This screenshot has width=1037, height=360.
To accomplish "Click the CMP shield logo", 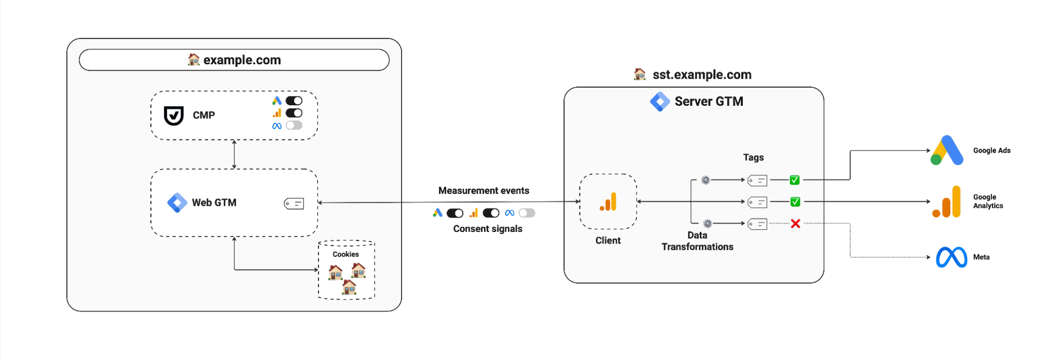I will tap(174, 116).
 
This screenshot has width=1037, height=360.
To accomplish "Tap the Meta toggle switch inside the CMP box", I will tap(294, 126).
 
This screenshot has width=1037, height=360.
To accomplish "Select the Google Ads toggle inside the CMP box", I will tap(294, 101).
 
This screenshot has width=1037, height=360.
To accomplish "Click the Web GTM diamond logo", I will tap(177, 203).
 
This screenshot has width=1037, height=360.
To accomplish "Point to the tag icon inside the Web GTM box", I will tap(294, 204).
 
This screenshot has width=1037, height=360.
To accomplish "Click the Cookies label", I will tap(345, 254).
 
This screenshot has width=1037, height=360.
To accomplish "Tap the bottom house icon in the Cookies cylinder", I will tap(349, 287).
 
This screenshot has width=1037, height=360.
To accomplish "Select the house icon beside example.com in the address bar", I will tap(193, 60).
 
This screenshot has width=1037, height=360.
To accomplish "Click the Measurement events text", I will tap(483, 190).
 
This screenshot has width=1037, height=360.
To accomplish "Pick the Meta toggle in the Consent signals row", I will tap(527, 213).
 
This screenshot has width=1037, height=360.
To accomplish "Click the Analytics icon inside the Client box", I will tap(608, 201).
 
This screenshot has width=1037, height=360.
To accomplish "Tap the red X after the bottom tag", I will tap(795, 224).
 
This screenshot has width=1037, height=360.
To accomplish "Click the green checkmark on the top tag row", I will tap(794, 180).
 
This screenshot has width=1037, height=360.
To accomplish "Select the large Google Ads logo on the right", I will tap(947, 150).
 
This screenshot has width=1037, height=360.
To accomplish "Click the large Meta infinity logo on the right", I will tap(951, 257).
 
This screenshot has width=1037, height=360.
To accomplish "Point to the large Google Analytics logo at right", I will tap(946, 202).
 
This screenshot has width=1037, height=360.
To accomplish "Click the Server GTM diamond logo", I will tap(660, 102).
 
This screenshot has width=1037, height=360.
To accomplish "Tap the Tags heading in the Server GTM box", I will tap(753, 157).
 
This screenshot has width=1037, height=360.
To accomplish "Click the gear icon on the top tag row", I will tap(706, 180).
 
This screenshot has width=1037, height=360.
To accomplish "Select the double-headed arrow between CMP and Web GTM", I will tap(234, 154).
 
